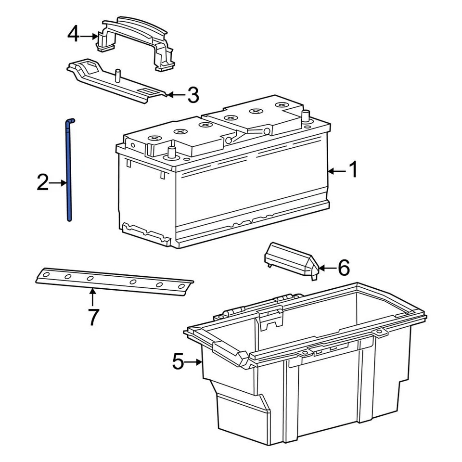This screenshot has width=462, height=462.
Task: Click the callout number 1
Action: tap(353, 170)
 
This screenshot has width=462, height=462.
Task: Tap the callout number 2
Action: tap(43, 183)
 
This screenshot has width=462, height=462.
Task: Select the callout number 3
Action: tap(192, 95)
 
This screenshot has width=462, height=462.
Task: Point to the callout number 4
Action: tap(73, 35)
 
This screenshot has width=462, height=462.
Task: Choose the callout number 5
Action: tap(178, 362)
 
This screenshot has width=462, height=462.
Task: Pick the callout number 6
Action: tap(343, 268)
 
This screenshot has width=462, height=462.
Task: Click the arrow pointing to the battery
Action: tap(336, 171)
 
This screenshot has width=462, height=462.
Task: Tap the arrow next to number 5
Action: tap(195, 362)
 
